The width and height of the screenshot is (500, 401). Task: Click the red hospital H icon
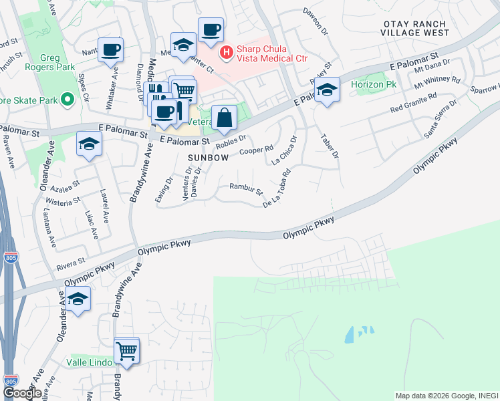click(x=227, y=50)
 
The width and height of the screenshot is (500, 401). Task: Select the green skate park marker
click(x=67, y=100)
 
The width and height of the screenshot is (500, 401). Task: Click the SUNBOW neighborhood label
click(x=209, y=158)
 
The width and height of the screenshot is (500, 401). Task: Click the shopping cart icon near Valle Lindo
click(x=126, y=349)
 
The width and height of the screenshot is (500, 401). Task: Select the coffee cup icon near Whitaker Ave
click(x=110, y=49)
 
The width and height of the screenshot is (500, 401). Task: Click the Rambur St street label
click(x=245, y=190)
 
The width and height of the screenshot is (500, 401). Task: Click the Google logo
click(x=22, y=393)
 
